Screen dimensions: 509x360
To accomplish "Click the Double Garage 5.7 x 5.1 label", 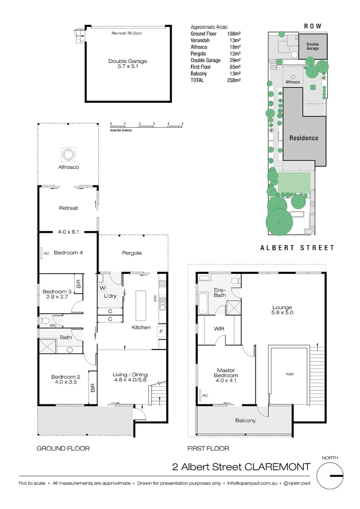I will coord(127,64).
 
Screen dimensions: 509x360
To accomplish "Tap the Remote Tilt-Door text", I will coord(127,33).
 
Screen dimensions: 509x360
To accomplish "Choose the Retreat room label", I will coord(68,208).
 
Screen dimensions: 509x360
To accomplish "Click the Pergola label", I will coord(132,253).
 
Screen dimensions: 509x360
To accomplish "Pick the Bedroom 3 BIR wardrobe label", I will coord(79,284).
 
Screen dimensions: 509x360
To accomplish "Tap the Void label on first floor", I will coord(289,374).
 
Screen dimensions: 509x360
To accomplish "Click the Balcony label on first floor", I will coord(245,420).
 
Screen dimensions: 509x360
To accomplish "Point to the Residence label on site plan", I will coord(303,138).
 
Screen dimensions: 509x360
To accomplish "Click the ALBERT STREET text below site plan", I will coord(297,247).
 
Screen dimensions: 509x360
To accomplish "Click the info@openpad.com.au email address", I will coord(251,483).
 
